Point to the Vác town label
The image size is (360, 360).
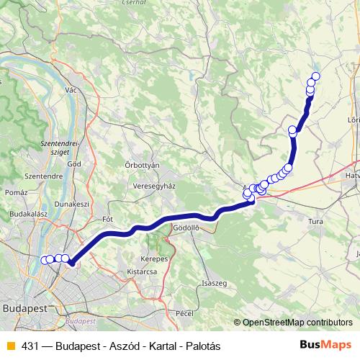point(71,90)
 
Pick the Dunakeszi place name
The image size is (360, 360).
point(71,204)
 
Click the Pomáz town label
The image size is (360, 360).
point(14,193)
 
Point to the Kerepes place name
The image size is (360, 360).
point(155,258)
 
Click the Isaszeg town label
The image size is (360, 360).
point(215,283)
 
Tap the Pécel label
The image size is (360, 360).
point(185,313)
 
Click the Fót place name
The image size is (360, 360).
point(109,218)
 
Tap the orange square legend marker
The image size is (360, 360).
point(9,346)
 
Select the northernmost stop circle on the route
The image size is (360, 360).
point(315,76)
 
